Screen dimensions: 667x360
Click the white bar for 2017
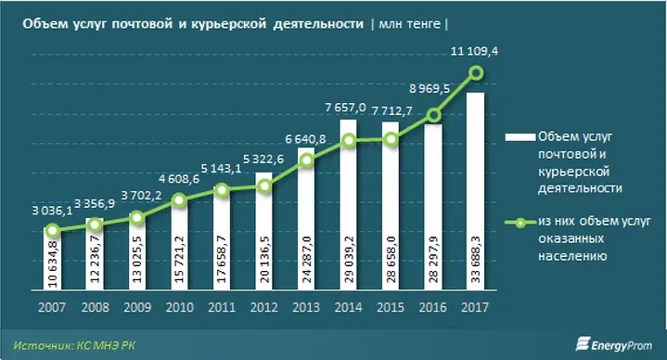click(x=475, y=191)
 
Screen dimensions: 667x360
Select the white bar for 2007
click(x=52, y=259)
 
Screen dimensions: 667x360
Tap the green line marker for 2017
click(x=477, y=73)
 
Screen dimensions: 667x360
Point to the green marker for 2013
click(x=307, y=161)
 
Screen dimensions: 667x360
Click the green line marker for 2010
click(x=180, y=200)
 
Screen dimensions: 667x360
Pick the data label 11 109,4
click(x=474, y=51)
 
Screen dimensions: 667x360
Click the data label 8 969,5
click(x=430, y=88)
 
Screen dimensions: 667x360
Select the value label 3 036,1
click(x=52, y=211)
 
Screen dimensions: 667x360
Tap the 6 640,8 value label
click(x=305, y=139)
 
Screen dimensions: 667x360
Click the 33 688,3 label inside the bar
click(x=476, y=259)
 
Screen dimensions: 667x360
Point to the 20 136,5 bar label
click(x=264, y=259)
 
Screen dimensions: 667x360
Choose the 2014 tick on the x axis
click(x=348, y=307)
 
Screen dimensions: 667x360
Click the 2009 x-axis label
click(x=137, y=307)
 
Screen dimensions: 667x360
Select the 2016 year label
click(x=432, y=307)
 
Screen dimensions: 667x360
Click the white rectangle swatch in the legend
click(x=519, y=137)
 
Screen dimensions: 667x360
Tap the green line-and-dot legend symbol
click(x=519, y=222)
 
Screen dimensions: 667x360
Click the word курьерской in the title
click(x=228, y=24)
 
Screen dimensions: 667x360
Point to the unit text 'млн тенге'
click(x=409, y=24)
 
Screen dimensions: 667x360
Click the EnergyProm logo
click(x=613, y=344)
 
